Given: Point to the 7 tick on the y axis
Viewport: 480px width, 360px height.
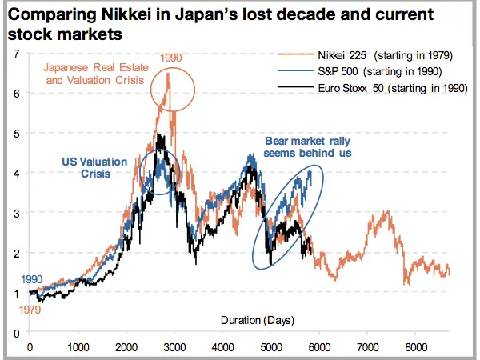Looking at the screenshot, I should pos(17,54).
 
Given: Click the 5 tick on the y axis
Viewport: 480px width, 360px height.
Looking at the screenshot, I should pos(17,133).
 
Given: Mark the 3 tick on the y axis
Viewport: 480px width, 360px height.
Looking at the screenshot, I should pos(17,213).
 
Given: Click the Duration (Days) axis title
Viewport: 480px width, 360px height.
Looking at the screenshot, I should pos(257,320).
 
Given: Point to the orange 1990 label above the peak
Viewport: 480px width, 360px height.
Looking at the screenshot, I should pos(170,58).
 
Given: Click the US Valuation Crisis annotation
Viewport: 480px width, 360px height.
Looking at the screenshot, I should pos(94,167).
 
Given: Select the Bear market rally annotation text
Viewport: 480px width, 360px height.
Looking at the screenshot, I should pos(307,147).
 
